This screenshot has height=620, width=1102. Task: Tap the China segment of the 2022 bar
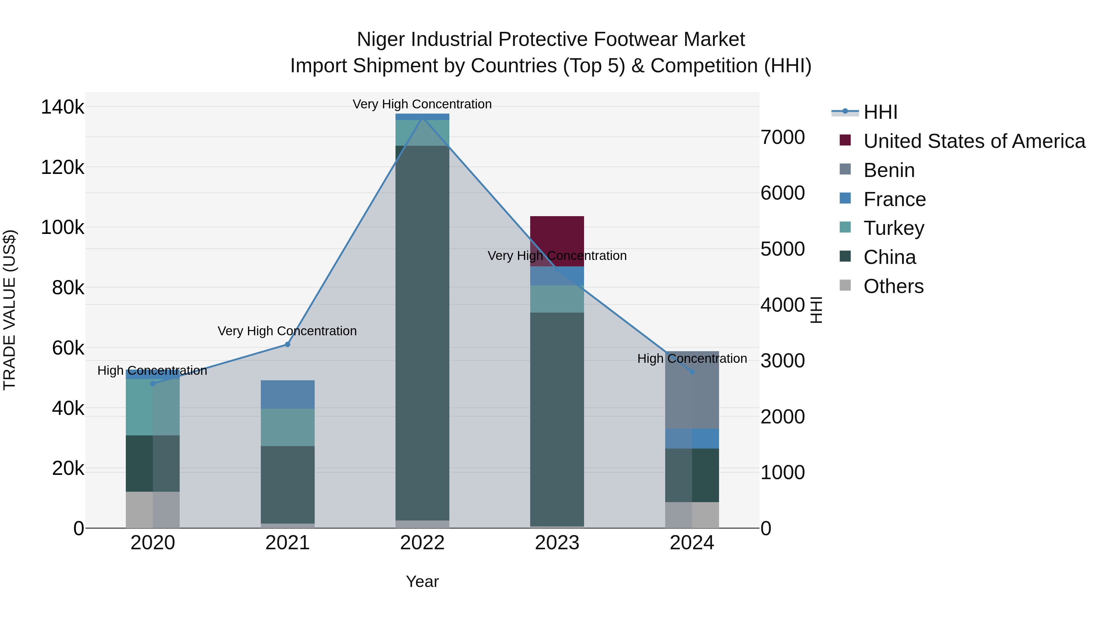422,334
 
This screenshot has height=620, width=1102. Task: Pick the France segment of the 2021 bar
287,394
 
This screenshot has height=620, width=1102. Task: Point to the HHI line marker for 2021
287,344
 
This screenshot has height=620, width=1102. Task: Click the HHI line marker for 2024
692,372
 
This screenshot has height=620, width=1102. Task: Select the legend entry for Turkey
893,228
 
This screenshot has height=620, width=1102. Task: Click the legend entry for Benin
889,170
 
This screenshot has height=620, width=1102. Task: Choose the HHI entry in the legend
880,112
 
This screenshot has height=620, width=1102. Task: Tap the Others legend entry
893,286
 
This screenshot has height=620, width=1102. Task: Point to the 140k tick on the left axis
62,107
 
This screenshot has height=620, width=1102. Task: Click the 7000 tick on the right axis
782,137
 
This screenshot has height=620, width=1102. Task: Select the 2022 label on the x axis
422,543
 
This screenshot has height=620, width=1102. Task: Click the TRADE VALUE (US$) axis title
9,309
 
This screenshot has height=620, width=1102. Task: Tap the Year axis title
422,581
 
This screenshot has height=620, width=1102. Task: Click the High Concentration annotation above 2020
152,370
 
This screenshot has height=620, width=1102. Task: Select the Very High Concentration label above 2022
422,104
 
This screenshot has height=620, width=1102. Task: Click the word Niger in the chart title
381,39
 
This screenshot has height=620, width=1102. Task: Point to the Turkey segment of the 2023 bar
557,299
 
